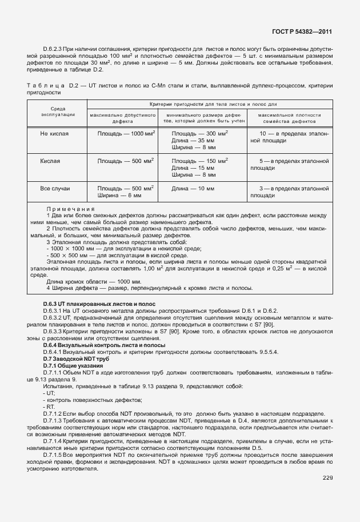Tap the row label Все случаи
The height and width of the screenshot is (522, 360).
click(55, 188)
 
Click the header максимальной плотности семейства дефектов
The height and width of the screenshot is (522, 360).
click(289, 118)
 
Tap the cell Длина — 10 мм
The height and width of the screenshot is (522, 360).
click(193, 188)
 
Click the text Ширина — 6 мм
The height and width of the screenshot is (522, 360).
click(119, 195)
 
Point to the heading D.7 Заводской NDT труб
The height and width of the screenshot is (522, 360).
click(76, 358)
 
